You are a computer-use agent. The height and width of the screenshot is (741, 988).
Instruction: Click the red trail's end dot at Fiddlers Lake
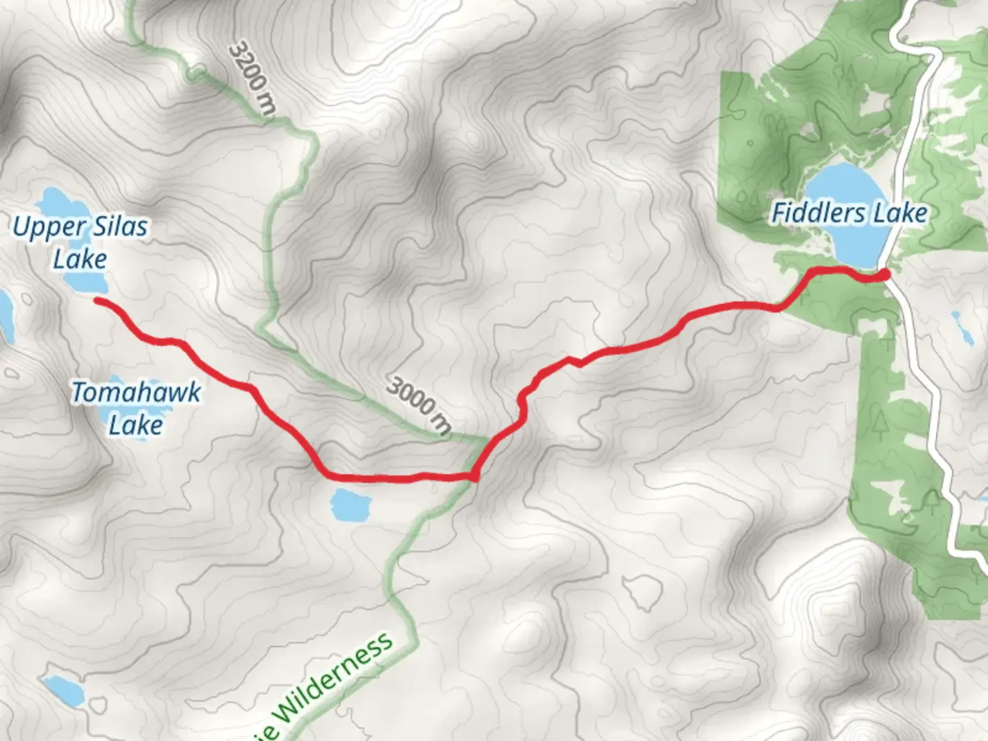point(884,274)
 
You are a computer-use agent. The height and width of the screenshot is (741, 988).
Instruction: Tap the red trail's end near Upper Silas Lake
point(97,301)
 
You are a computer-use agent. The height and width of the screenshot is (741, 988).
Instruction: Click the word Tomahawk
point(137,392)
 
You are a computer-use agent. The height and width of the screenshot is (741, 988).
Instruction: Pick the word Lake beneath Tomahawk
point(136,425)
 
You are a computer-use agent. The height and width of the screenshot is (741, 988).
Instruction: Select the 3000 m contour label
point(419,404)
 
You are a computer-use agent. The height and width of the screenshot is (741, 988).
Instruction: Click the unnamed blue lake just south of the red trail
point(351,506)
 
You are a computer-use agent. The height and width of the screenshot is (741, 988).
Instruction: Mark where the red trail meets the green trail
point(475,473)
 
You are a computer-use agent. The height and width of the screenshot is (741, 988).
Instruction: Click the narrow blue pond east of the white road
point(961,328)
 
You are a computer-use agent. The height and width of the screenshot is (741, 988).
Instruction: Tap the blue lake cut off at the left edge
point(5,316)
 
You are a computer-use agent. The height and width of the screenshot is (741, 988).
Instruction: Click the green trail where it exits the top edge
point(130,4)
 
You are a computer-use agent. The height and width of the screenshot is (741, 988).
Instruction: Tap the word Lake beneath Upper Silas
point(80,259)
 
